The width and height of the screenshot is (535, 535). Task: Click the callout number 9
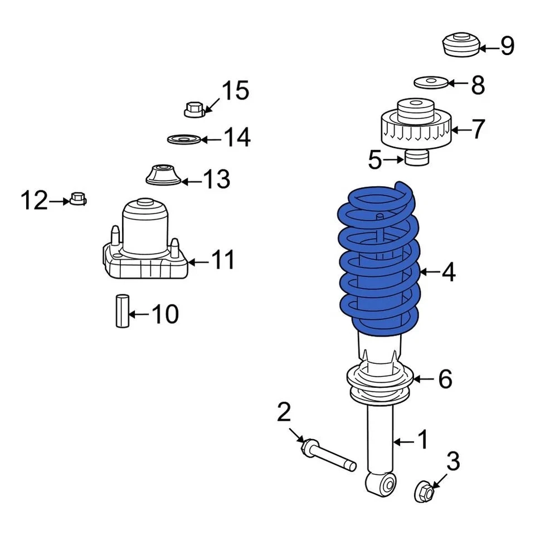coord(507,47)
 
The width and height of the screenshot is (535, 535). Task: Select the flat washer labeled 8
coord(431,82)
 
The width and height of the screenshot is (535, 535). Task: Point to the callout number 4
coord(449,273)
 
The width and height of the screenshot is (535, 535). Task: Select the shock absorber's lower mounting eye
coord(381,483)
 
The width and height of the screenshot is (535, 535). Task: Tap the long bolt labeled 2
coord(329,454)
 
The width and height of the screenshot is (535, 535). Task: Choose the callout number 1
coord(423,440)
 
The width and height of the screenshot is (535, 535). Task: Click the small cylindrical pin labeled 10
coord(122,311)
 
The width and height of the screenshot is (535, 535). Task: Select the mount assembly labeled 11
coord(145,245)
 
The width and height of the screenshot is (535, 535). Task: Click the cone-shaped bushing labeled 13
coord(163,176)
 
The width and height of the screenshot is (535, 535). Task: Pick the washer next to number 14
coord(184,138)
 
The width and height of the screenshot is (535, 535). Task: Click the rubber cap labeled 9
coord(461,46)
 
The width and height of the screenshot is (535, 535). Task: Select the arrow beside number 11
coord(199,261)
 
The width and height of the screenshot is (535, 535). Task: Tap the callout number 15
coord(235,90)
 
